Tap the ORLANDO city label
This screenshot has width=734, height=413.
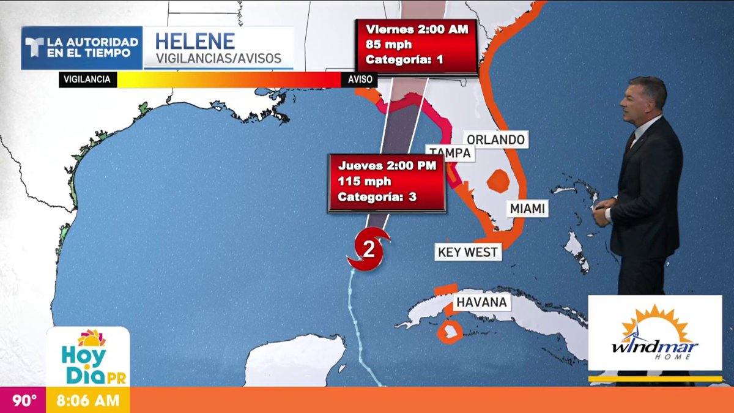tap(495, 140)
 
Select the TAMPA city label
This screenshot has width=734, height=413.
tap(450, 153)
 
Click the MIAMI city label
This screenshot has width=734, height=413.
tap(527, 209)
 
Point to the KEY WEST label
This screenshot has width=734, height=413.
tap(468, 251)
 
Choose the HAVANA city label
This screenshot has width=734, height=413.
tap(481, 302)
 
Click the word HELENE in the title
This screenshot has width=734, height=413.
tap(195, 42)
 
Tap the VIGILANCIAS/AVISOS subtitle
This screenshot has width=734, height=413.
tap(218, 59)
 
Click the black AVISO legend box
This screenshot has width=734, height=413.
tap(359, 80)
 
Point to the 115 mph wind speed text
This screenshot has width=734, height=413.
tap(365, 181)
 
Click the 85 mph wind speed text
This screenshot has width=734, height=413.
tap(388, 44)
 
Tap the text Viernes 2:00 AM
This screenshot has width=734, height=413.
tap(417, 29)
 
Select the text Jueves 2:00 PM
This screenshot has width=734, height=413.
tap(387, 165)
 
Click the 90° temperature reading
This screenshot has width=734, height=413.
tap(25, 401)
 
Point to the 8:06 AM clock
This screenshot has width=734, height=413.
tap(87, 401)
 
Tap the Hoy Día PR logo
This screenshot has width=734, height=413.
tap(89, 357)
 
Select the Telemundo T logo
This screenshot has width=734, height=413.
tap(34, 48)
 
